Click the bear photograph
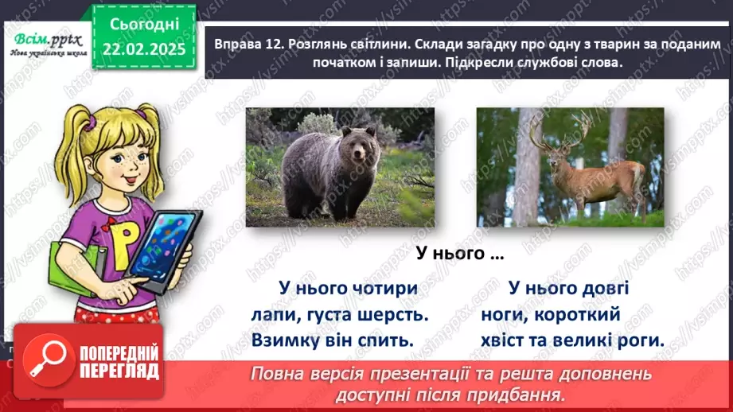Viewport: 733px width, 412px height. (x=340, y=167)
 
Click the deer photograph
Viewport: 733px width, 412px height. (x=570, y=167)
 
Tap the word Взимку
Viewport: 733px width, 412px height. (x=287, y=340)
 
